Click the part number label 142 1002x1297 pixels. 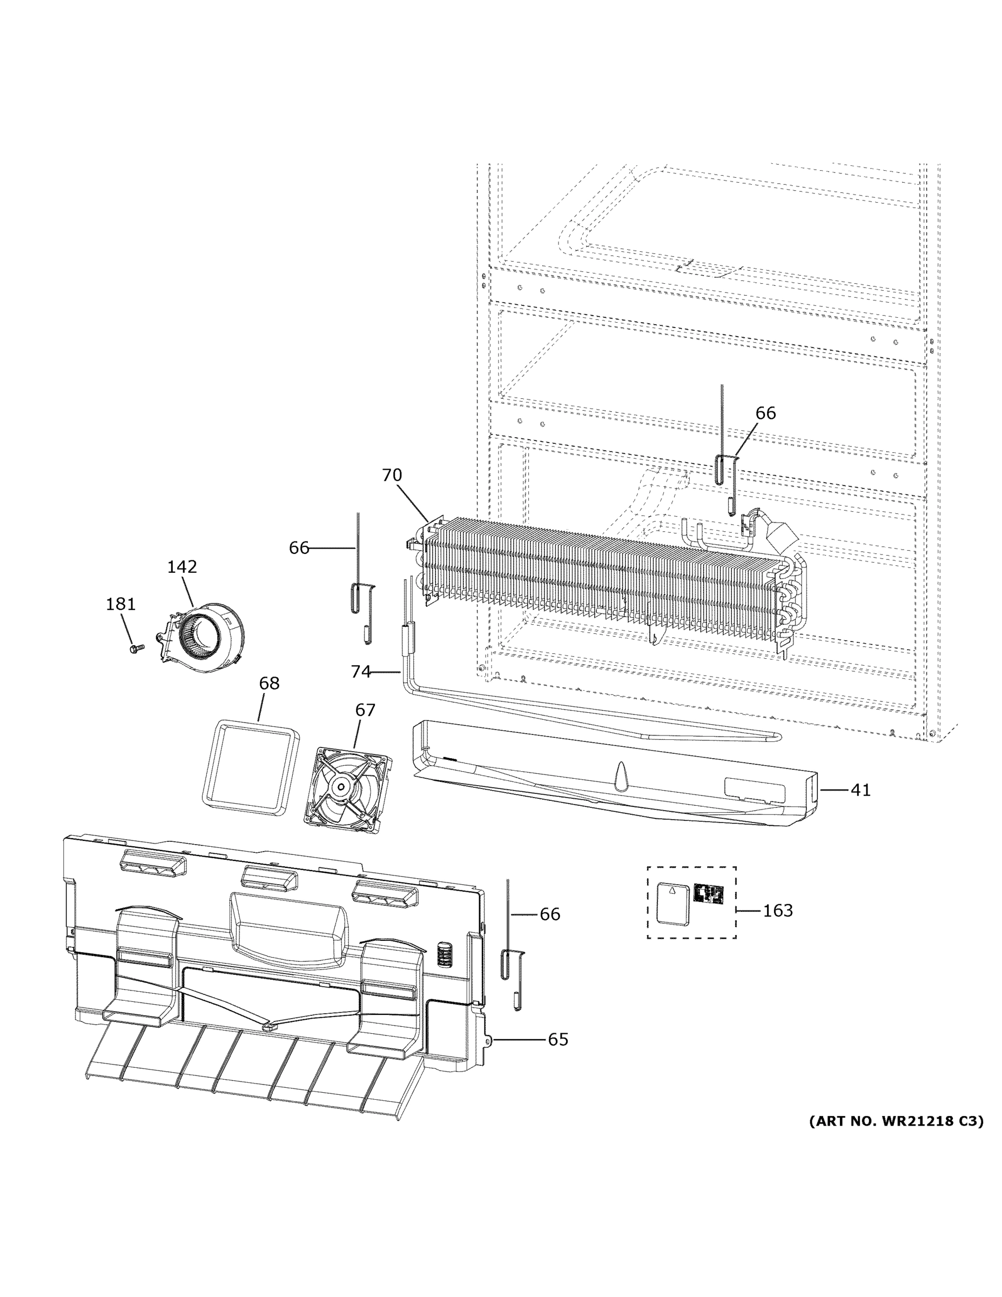(x=181, y=567)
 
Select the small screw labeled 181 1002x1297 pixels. (x=134, y=649)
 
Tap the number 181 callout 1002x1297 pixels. (x=120, y=605)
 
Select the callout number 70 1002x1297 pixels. (x=392, y=475)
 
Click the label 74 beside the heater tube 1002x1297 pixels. (x=361, y=672)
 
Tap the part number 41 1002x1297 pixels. (x=860, y=790)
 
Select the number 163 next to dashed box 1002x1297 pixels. (x=778, y=911)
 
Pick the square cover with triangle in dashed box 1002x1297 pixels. (x=672, y=902)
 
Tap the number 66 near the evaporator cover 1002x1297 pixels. (x=550, y=914)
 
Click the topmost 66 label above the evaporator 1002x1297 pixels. (x=766, y=413)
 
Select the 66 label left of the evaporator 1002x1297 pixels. (x=299, y=547)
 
